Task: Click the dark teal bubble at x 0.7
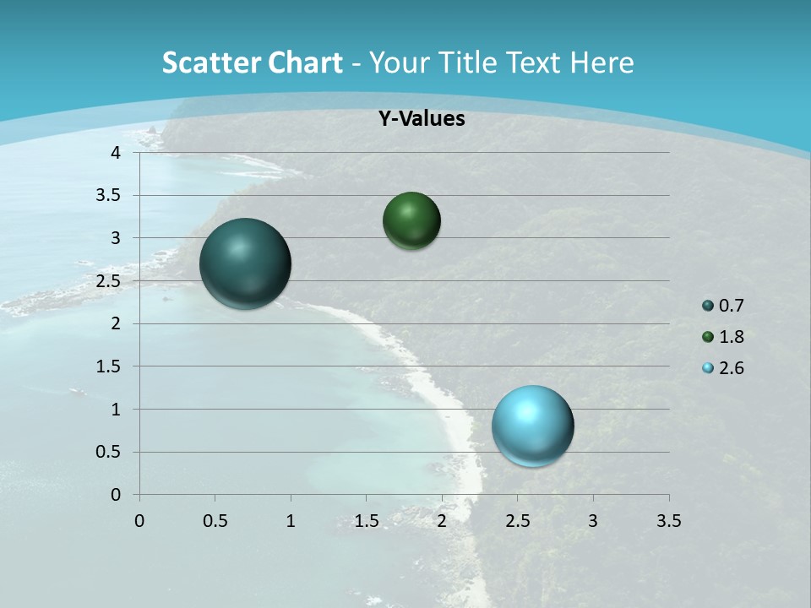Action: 245,263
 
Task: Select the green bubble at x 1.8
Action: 411,221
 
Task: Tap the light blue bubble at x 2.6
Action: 532,426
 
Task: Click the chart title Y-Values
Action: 421,119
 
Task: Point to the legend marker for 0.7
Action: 708,307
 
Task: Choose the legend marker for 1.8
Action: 708,338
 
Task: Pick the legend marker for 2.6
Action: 708,368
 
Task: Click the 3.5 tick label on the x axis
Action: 668,521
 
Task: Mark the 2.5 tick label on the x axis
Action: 517,521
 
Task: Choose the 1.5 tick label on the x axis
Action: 366,521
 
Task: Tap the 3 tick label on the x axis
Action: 593,521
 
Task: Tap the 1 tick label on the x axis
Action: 291,521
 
